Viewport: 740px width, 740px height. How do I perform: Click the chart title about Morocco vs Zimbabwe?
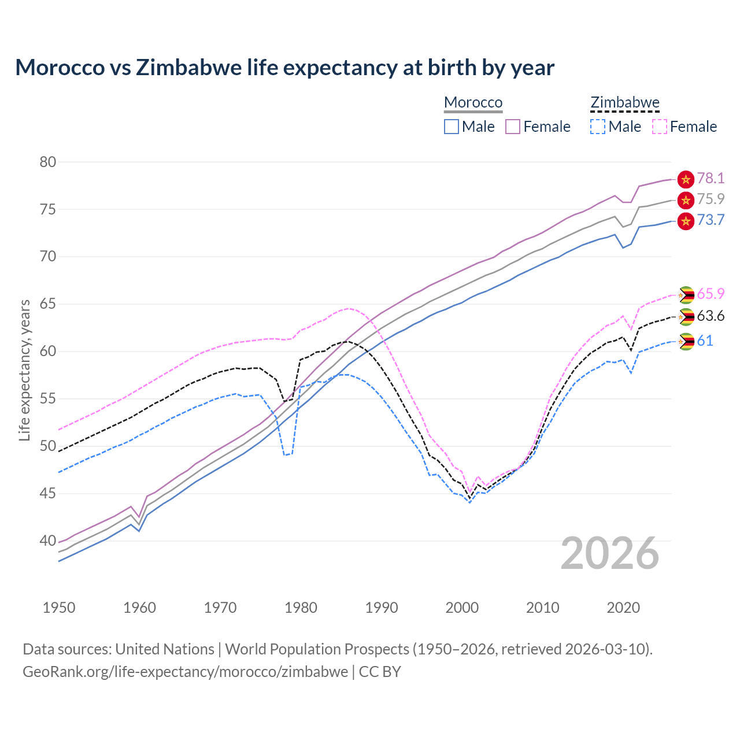[x=284, y=68]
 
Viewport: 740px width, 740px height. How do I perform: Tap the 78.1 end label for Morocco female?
[x=710, y=178]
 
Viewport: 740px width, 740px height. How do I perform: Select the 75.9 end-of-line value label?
[x=710, y=199]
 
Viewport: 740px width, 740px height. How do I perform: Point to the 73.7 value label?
[x=710, y=220]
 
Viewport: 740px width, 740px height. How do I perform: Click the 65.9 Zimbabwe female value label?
[x=710, y=294]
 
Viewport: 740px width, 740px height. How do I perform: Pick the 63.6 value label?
[x=710, y=316]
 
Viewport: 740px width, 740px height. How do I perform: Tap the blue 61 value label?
[x=705, y=341]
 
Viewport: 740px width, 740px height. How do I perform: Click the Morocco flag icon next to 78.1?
[x=686, y=179]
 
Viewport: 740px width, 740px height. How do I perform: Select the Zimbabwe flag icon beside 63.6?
[x=686, y=317]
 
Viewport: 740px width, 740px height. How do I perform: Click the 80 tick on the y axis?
[x=48, y=162]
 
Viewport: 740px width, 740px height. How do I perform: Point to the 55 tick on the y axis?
[x=48, y=399]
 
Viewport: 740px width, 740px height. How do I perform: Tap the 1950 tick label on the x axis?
[x=59, y=608]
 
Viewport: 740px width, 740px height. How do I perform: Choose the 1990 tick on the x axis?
[x=382, y=608]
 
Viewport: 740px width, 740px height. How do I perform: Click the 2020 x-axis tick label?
[x=623, y=608]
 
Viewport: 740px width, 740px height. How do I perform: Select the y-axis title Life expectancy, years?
[x=24, y=370]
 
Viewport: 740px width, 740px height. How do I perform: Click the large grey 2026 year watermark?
[x=609, y=553]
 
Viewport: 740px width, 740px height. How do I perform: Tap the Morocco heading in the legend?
[x=473, y=102]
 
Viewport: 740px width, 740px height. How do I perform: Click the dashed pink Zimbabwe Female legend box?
[x=659, y=127]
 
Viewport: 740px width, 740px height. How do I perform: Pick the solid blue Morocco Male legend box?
[x=452, y=127]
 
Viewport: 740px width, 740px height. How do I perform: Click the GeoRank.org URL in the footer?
[x=185, y=671]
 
